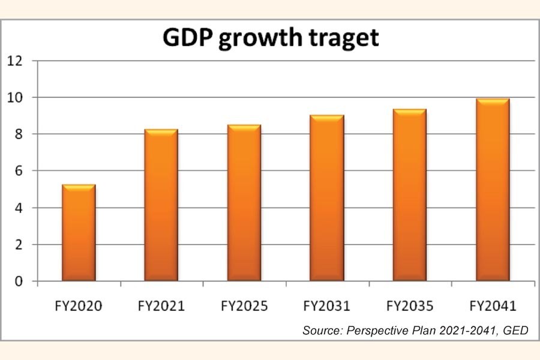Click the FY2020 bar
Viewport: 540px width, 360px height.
point(79,233)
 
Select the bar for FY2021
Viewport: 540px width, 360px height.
point(161,205)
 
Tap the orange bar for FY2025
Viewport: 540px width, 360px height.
point(244,203)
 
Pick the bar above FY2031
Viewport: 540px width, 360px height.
point(327,198)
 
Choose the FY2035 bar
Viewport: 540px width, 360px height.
point(409,195)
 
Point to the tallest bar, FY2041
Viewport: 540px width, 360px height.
point(492,190)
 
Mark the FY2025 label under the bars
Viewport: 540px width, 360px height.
point(244,306)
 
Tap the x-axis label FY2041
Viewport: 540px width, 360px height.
point(492,306)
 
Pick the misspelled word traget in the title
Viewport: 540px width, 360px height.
point(343,38)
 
